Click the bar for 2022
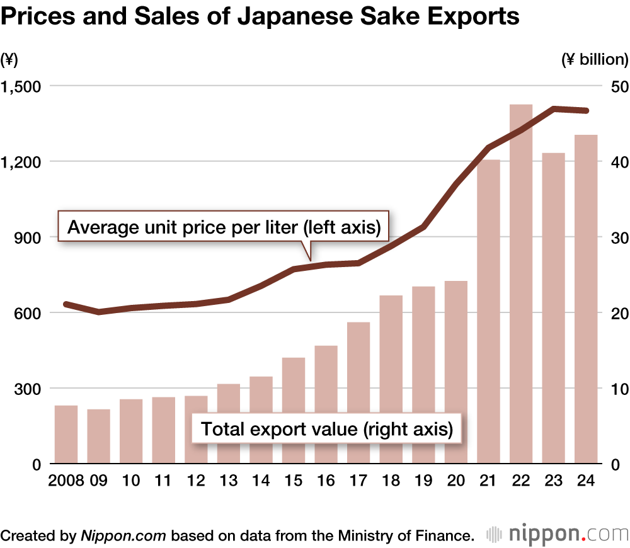(521, 283)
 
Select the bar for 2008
(66, 435)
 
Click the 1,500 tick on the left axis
(21, 86)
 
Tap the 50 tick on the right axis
(612, 86)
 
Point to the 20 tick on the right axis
(612, 313)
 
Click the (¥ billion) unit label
(594, 60)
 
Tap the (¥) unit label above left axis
(9, 60)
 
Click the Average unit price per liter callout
(224, 227)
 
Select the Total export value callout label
(326, 430)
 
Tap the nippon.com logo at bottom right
(558, 535)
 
